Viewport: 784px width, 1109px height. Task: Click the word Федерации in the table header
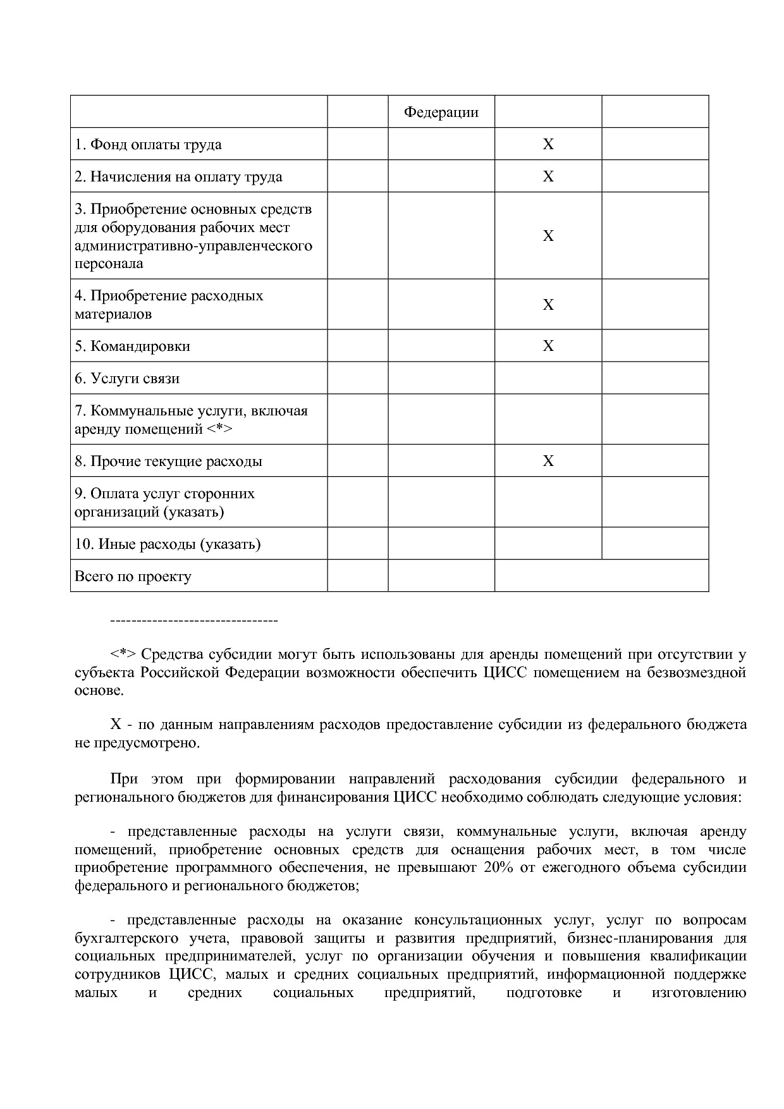tap(441, 113)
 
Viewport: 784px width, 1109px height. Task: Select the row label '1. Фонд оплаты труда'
tap(148, 144)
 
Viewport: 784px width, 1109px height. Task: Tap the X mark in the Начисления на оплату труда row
tap(548, 176)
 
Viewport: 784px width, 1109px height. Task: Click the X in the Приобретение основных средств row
tap(548, 236)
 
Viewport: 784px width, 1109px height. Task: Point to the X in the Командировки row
tap(548, 346)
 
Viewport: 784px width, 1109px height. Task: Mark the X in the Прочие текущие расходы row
tap(548, 461)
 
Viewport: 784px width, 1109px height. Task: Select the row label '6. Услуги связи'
tap(126, 378)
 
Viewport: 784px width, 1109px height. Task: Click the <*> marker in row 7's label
tap(219, 429)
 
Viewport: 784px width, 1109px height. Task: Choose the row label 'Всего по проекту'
tap(133, 576)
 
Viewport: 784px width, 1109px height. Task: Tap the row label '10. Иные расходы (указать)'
tap(168, 544)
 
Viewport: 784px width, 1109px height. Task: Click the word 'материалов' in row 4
tap(113, 314)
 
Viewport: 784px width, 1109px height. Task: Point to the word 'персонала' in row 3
tap(109, 264)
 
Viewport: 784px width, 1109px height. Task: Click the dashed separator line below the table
tap(194, 621)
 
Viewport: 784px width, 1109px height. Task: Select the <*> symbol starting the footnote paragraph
tap(123, 654)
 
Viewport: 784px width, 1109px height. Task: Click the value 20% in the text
tap(498, 867)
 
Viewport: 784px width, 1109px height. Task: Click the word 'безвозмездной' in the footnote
tap(697, 673)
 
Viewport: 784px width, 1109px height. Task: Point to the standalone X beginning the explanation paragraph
tap(116, 725)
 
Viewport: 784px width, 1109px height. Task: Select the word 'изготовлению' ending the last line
tap(699, 993)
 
